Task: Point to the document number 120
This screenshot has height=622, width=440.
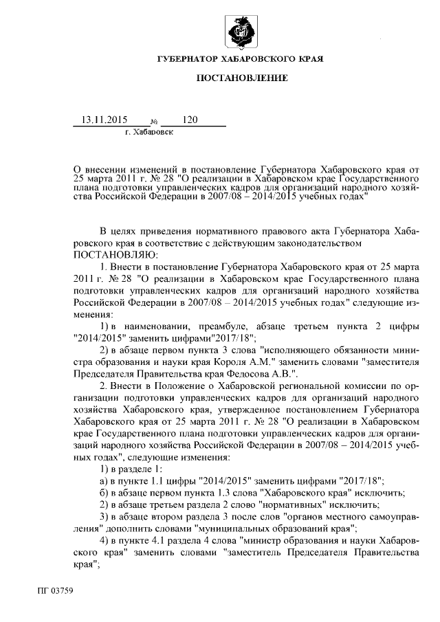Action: pos(190,120)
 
